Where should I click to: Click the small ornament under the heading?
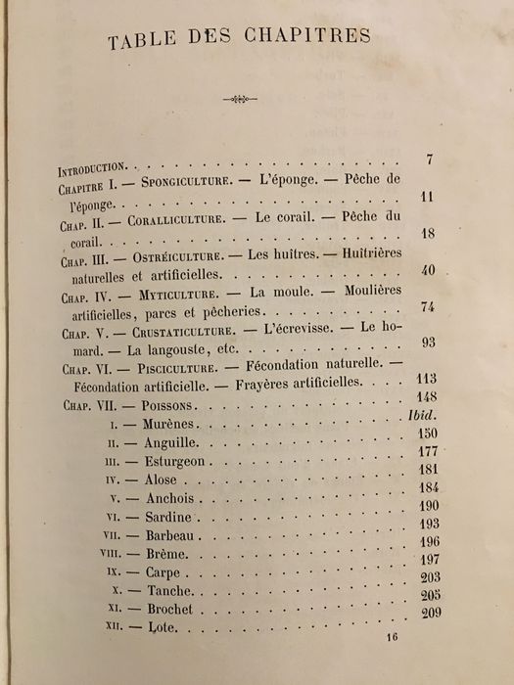[x=239, y=99]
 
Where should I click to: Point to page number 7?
[x=430, y=159]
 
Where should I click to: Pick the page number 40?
[x=428, y=269]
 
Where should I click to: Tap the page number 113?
[x=424, y=380]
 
